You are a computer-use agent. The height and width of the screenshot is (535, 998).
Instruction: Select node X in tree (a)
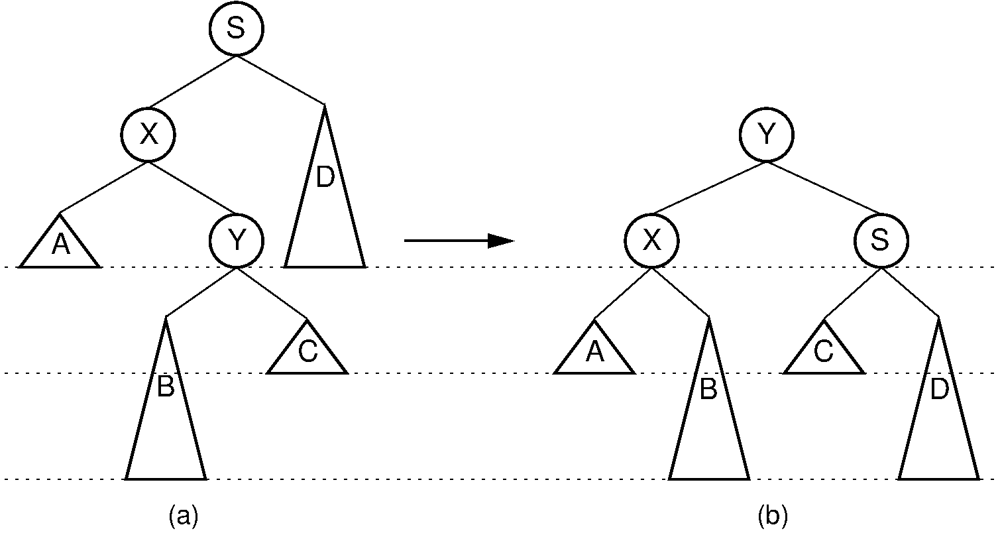click(148, 135)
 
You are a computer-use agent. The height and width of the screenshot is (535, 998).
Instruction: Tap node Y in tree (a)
click(237, 241)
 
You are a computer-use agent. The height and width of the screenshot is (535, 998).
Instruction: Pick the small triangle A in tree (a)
click(60, 247)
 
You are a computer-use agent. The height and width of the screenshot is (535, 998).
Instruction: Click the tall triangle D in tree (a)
click(325, 199)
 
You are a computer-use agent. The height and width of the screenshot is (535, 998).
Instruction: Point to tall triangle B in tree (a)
click(166, 411)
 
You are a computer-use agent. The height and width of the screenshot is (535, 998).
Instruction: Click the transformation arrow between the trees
click(459, 241)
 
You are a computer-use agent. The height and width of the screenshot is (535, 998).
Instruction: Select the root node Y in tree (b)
click(767, 135)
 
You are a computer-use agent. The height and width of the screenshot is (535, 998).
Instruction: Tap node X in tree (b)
click(652, 241)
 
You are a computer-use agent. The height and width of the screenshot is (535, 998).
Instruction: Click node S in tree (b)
click(881, 241)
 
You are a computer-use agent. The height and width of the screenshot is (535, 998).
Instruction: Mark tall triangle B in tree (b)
click(709, 411)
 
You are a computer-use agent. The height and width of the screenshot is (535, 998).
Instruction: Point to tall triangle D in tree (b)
click(939, 411)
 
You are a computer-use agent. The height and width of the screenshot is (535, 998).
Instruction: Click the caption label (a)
click(184, 515)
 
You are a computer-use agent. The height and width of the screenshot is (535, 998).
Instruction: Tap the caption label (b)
click(773, 515)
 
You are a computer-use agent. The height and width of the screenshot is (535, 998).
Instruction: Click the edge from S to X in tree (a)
click(192, 82)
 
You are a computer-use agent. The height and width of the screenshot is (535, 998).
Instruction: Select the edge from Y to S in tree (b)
click(824, 188)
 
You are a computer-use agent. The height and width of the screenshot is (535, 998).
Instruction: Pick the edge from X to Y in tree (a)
click(192, 188)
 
